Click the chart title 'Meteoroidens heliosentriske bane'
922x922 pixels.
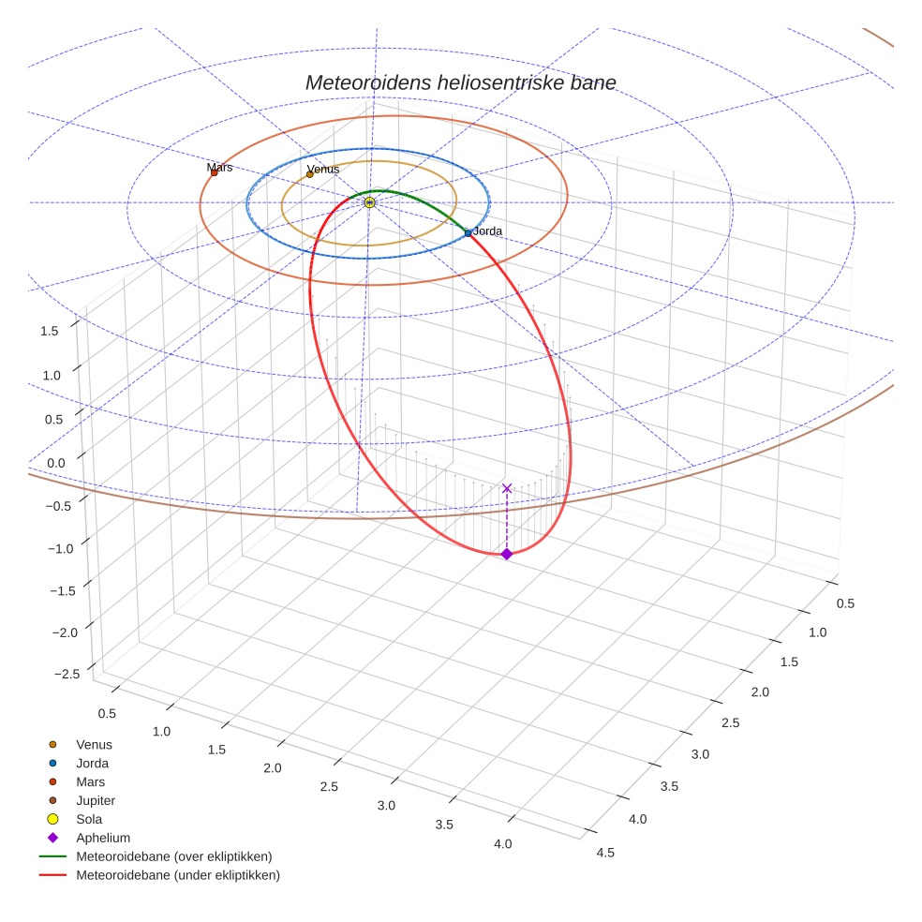click(x=460, y=82)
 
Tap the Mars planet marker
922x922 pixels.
click(x=214, y=172)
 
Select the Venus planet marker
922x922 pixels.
click(x=310, y=174)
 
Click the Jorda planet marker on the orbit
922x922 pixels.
click(x=468, y=232)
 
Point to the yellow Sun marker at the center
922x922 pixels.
click(x=369, y=202)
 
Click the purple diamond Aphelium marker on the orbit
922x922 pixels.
click(x=507, y=554)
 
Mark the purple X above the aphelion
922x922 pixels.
click(x=507, y=488)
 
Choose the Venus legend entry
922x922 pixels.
click(x=94, y=744)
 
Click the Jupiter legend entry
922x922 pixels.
click(x=96, y=800)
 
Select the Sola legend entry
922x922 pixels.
click(x=89, y=819)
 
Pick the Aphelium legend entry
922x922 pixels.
click(x=103, y=838)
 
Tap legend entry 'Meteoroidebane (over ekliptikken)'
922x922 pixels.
click(x=174, y=856)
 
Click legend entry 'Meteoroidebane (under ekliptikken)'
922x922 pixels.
click(x=178, y=875)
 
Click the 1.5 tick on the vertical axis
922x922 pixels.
click(x=49, y=330)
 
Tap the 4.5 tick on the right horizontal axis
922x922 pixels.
click(x=604, y=853)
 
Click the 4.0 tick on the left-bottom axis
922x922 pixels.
click(x=503, y=844)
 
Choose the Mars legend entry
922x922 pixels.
click(x=90, y=781)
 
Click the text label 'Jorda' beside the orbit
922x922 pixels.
click(x=488, y=230)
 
